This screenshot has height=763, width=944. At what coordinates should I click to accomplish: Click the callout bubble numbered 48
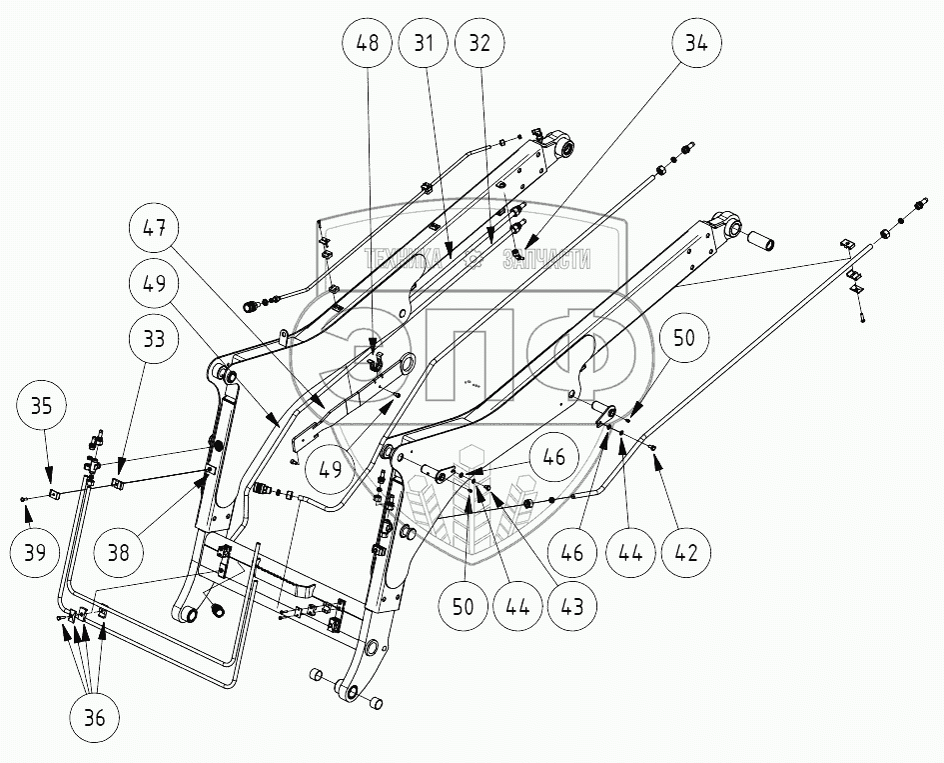[368, 43]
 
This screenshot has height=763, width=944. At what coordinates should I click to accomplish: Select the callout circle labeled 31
[424, 43]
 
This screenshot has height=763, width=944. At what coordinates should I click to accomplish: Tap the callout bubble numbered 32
[479, 43]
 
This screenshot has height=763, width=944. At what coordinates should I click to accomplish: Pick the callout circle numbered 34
[696, 43]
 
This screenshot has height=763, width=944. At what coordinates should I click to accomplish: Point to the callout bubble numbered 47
[155, 228]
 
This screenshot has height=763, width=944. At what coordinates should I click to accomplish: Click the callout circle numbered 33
[155, 338]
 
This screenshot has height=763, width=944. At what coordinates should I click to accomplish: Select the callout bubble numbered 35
[41, 406]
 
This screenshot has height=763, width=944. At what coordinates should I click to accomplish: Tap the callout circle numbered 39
[36, 551]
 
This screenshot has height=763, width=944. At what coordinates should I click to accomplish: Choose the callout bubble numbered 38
[119, 551]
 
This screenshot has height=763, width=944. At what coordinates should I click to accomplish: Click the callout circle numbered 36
[95, 718]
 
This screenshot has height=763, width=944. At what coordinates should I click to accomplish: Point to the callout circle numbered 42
[686, 551]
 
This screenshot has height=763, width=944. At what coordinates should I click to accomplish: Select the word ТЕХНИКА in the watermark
[403, 259]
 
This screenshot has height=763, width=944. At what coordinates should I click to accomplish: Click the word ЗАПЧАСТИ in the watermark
[546, 259]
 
